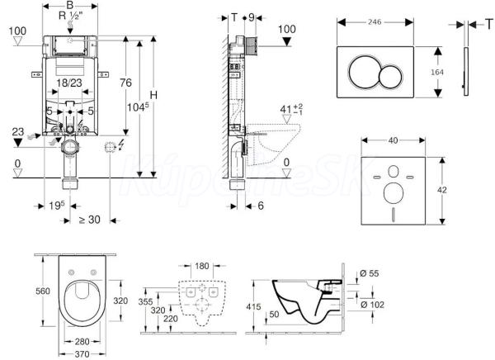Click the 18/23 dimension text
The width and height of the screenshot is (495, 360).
point(68,83)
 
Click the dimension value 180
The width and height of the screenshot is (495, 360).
point(200,265)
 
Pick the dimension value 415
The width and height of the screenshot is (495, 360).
point(256,306)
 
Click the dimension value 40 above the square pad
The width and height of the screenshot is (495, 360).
point(394,140)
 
